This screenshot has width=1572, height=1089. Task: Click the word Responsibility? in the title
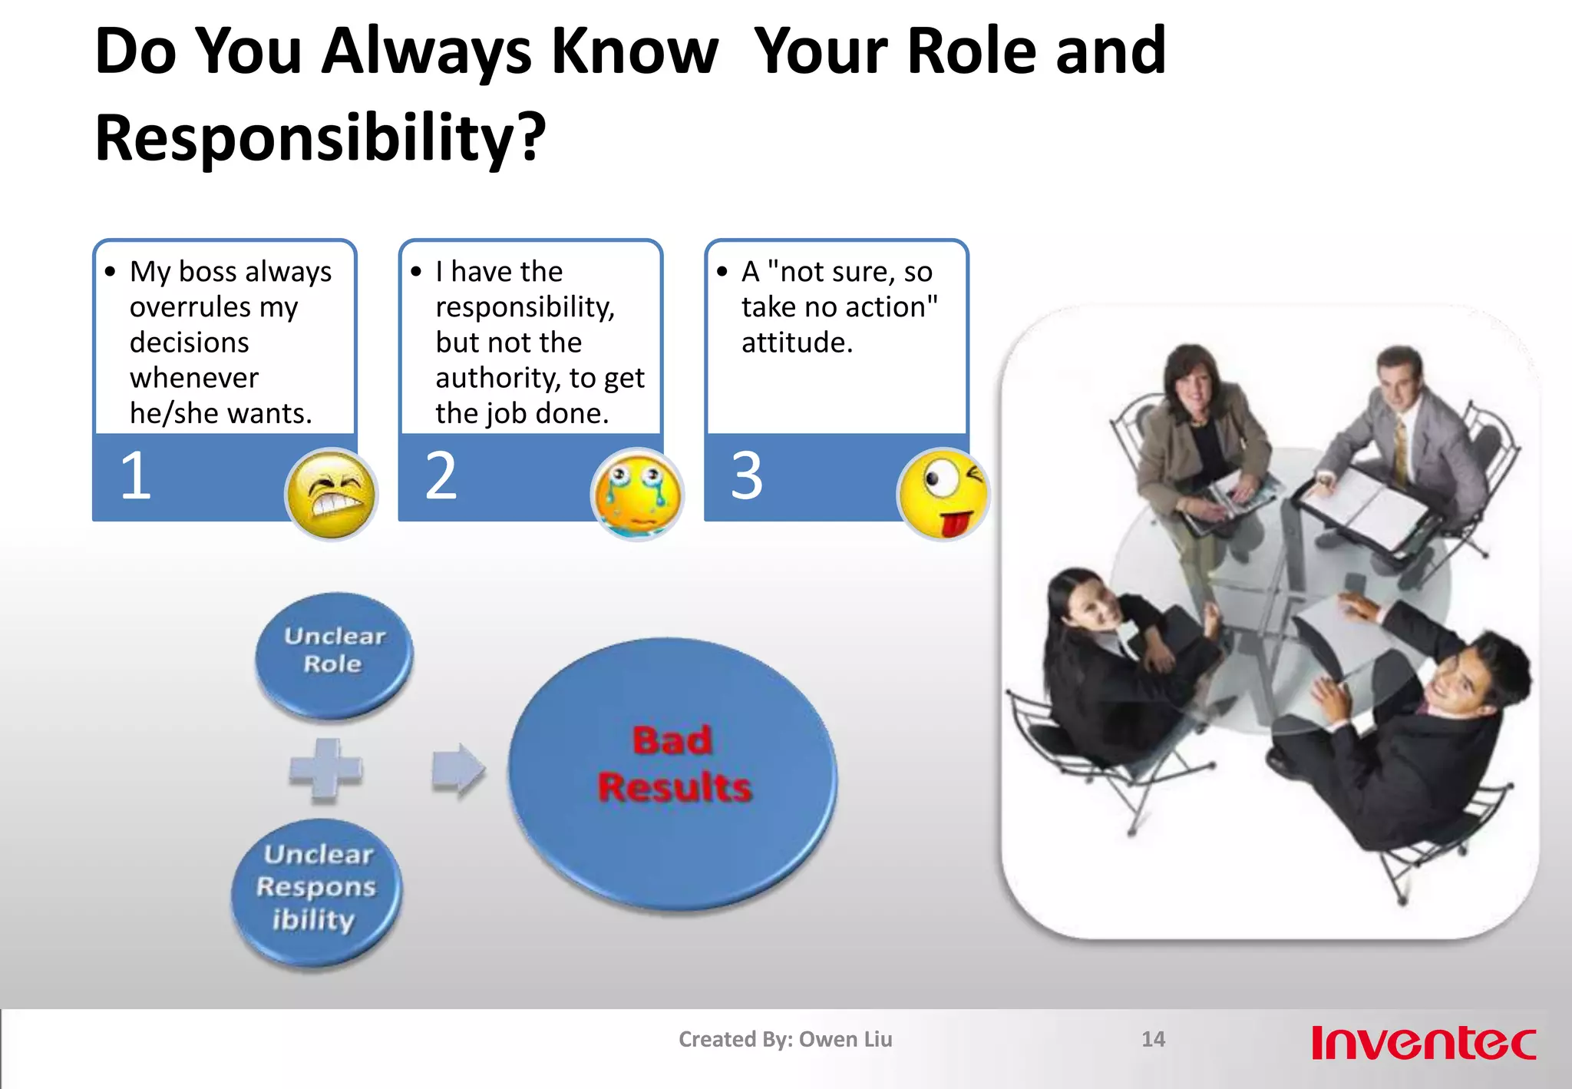[320, 138]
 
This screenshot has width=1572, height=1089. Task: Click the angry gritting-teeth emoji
[331, 494]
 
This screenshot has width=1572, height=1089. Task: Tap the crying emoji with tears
[636, 494]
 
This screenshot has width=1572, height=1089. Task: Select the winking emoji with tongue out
[943, 494]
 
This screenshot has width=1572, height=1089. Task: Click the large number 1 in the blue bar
[136, 476]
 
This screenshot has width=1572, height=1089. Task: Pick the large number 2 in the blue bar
[441, 476]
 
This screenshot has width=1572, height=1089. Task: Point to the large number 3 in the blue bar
[747, 476]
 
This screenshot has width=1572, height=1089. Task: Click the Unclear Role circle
[334, 653]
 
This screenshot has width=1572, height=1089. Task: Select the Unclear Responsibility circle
[316, 891]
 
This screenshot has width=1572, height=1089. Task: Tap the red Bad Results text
[673, 764]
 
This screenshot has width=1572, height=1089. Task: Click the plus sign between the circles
[325, 770]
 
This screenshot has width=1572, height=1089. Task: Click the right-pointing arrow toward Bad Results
[458, 770]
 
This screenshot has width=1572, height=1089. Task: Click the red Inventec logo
[1423, 1042]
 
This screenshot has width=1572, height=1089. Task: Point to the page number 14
[1153, 1039]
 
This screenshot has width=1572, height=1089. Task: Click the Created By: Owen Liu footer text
[785, 1039]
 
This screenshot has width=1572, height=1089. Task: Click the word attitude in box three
[796, 343]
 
